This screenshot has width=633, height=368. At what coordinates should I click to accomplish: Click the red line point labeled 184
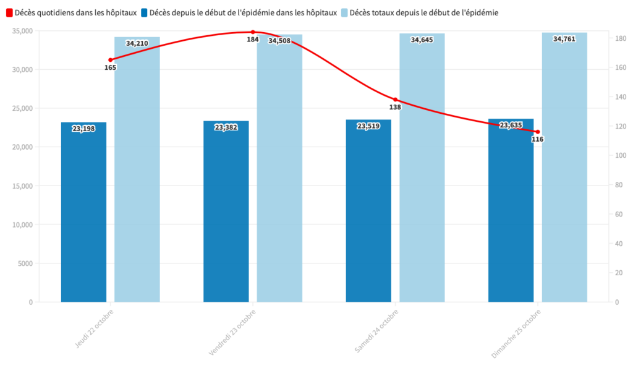253,32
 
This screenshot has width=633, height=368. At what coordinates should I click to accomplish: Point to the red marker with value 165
111,60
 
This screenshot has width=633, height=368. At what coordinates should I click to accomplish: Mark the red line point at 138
395,100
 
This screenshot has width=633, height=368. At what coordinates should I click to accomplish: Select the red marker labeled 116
538,132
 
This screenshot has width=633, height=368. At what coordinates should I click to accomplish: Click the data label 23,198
83,129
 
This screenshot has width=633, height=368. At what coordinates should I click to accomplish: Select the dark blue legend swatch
144,12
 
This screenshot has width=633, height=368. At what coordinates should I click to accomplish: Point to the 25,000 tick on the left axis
22,108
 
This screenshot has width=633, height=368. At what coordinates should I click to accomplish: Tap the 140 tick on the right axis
619,97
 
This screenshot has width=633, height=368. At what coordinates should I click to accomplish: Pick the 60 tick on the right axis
617,214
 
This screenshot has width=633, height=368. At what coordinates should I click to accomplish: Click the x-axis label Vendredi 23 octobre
232,332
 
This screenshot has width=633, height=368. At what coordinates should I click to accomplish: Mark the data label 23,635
511,126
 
